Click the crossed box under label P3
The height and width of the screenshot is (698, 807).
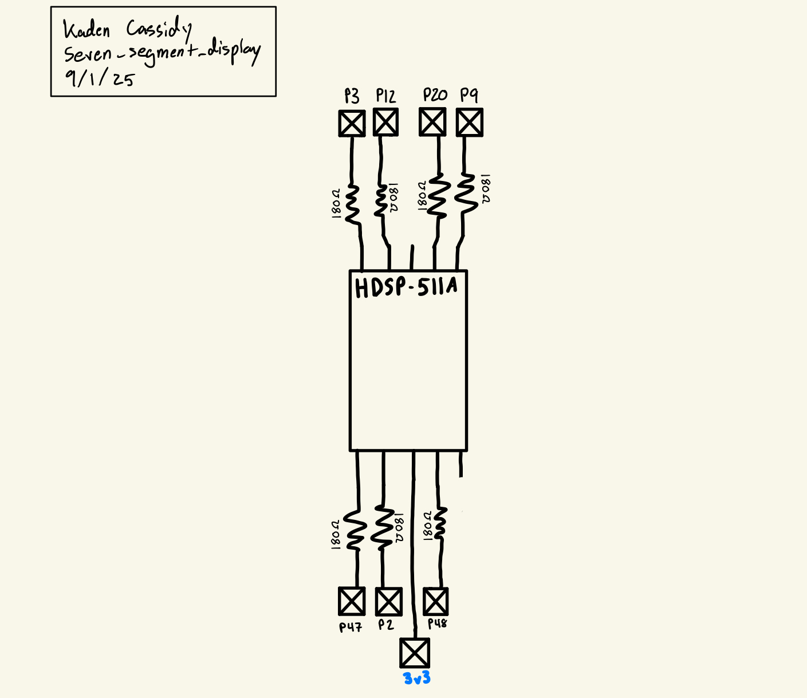click(352, 123)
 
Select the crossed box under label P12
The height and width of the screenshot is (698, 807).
click(385, 122)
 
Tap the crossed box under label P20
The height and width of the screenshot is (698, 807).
click(432, 122)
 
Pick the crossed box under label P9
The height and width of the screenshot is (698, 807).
click(469, 123)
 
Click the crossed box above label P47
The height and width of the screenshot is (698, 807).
click(351, 601)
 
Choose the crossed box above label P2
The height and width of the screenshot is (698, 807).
click(388, 602)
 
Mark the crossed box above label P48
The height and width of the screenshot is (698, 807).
click(435, 601)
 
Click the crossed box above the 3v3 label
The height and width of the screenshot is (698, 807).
click(414, 653)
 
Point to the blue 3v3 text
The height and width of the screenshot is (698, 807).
click(416, 679)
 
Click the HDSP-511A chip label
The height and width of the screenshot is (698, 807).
click(406, 288)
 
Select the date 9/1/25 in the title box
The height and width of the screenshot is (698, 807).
click(100, 77)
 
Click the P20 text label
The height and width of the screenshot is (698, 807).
click(435, 95)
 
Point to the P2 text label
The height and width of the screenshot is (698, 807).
click(386, 625)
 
